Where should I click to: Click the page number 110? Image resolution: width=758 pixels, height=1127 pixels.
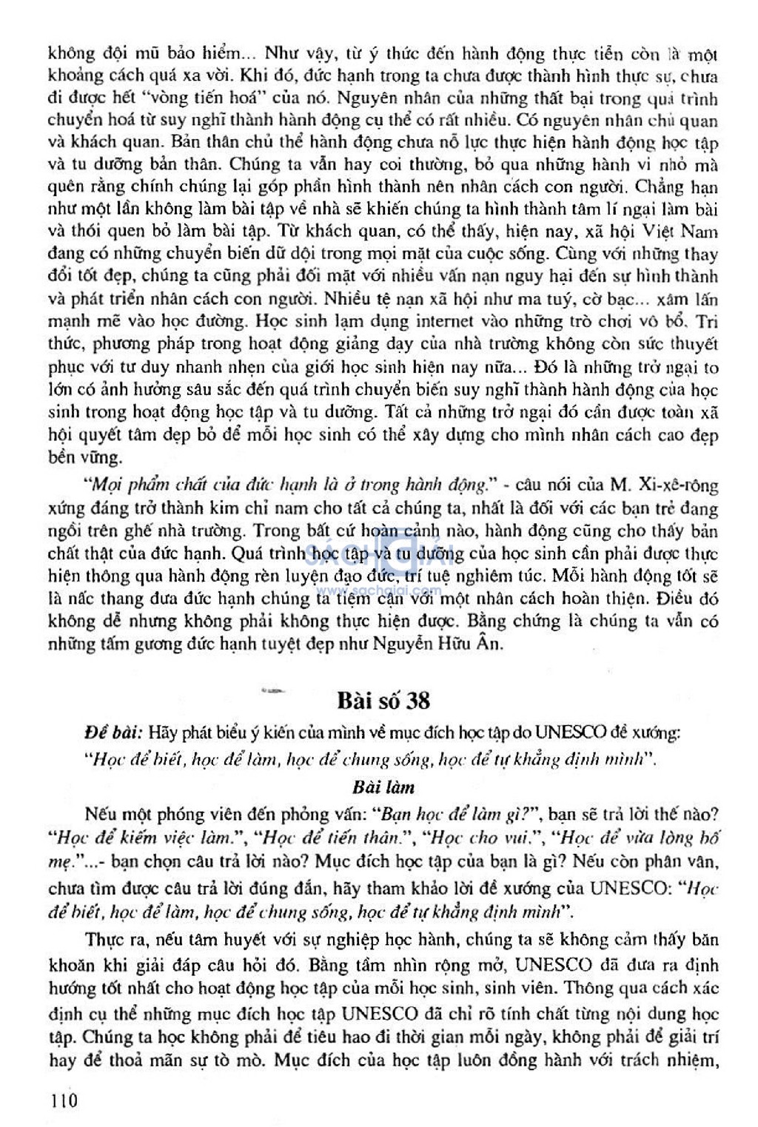(x=63, y=1100)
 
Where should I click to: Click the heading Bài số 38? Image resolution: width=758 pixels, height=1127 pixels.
(x=383, y=699)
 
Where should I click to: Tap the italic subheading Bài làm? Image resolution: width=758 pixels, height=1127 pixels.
(x=383, y=787)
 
